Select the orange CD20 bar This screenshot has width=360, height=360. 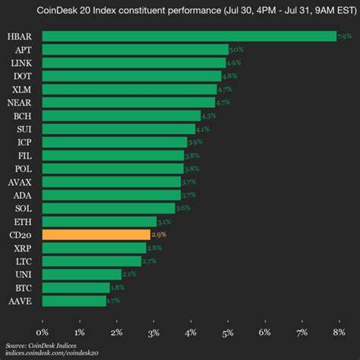pos(96,235)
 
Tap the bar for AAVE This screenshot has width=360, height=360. pos(74,301)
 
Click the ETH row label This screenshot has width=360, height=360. pos(21,221)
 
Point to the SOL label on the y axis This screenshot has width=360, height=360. pos(21,208)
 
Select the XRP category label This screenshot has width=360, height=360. pos(21,248)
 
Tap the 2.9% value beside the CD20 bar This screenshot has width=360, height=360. pos(159,235)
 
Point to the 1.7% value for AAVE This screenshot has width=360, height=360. pos(115,301)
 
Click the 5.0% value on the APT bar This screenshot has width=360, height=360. pos(237,49)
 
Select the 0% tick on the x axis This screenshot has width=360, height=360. pos(43,332)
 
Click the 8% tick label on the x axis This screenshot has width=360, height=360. pos(338,332)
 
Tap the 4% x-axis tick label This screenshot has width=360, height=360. pos(191,332)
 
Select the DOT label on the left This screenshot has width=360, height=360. pos(21,76)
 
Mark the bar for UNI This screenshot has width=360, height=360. pos(81,274)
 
